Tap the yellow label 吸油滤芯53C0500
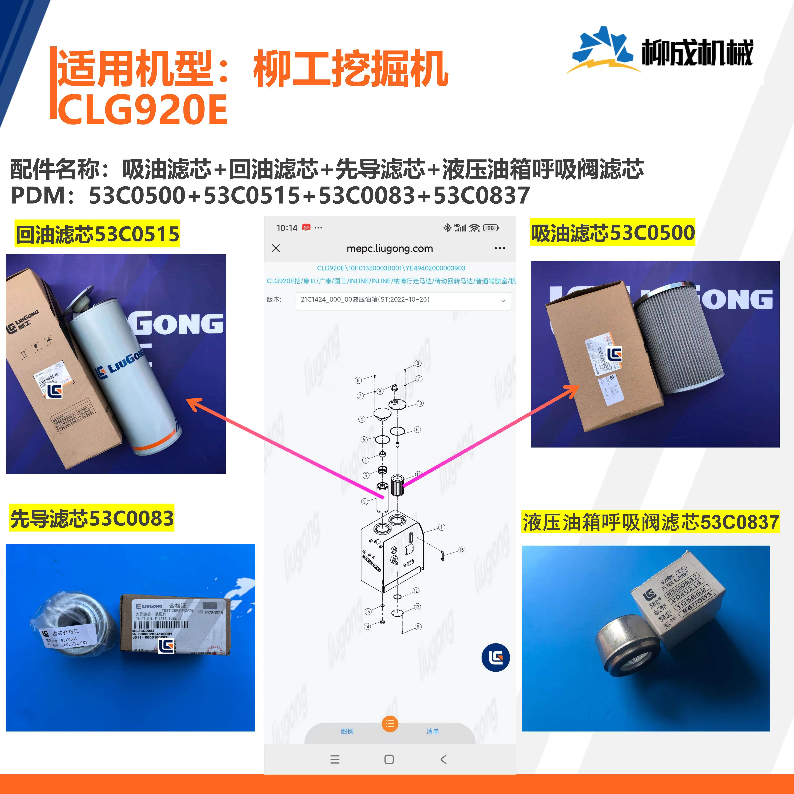(612, 233)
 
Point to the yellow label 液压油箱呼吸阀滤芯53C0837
(650, 522)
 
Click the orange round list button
(390, 724)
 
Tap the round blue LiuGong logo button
(496, 658)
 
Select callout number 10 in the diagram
(420, 403)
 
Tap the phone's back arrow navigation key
(443, 760)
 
